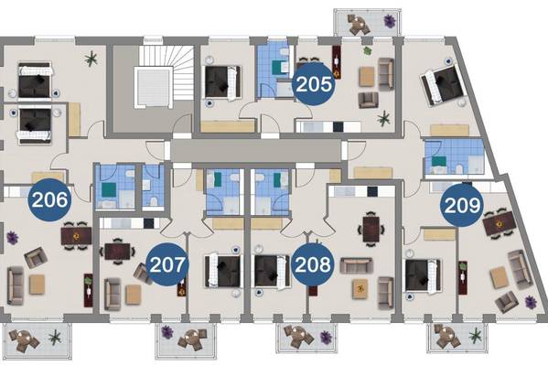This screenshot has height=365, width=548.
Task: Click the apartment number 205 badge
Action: [313, 84]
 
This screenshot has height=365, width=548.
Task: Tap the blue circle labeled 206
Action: [49, 199]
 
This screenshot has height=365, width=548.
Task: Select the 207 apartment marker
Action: [167, 264]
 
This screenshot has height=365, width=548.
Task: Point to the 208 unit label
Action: [313, 264]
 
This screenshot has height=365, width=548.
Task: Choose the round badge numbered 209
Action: [462, 205]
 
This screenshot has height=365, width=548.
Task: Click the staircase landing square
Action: [154, 87]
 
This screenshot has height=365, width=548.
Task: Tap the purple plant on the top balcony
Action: [390, 21]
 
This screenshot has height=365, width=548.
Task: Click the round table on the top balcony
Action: [358, 24]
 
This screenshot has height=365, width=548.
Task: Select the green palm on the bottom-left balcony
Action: [55, 338]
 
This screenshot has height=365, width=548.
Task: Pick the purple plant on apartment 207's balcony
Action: [167, 331]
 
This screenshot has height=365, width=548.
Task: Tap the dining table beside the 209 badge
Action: [500, 223]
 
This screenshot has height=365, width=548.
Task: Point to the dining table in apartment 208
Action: [371, 229]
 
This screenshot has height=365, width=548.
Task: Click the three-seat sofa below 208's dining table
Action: [356, 265]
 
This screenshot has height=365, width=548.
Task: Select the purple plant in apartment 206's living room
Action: [13, 238]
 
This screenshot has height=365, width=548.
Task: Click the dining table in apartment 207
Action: [117, 252]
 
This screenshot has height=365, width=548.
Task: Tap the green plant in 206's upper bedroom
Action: [91, 59]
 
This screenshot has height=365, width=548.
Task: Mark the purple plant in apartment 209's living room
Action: [531, 302]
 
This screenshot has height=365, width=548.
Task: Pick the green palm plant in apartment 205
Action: [383, 119]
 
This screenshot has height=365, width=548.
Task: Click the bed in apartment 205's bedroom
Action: [222, 82]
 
